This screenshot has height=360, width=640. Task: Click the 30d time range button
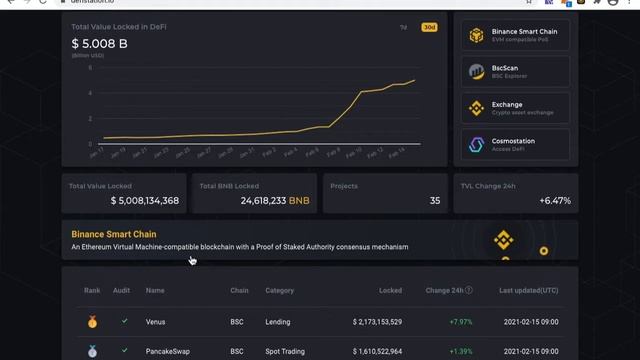pyautogui.click(x=430, y=27)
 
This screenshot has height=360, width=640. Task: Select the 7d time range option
pyautogui.click(x=404, y=27)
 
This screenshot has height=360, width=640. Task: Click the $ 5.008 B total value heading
pyautogui.click(x=100, y=43)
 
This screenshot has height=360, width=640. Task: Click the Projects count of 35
pyautogui.click(x=435, y=201)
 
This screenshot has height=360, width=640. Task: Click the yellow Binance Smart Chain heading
pyautogui.click(x=114, y=233)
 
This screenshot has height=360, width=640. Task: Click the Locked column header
pyautogui.click(x=390, y=290)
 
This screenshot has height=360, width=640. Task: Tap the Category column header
pyautogui.click(x=279, y=290)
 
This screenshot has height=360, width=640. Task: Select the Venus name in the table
pyautogui.click(x=155, y=322)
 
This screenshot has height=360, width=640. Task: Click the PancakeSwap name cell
pyautogui.click(x=170, y=352)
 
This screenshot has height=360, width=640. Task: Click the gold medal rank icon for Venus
pyautogui.click(x=92, y=322)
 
